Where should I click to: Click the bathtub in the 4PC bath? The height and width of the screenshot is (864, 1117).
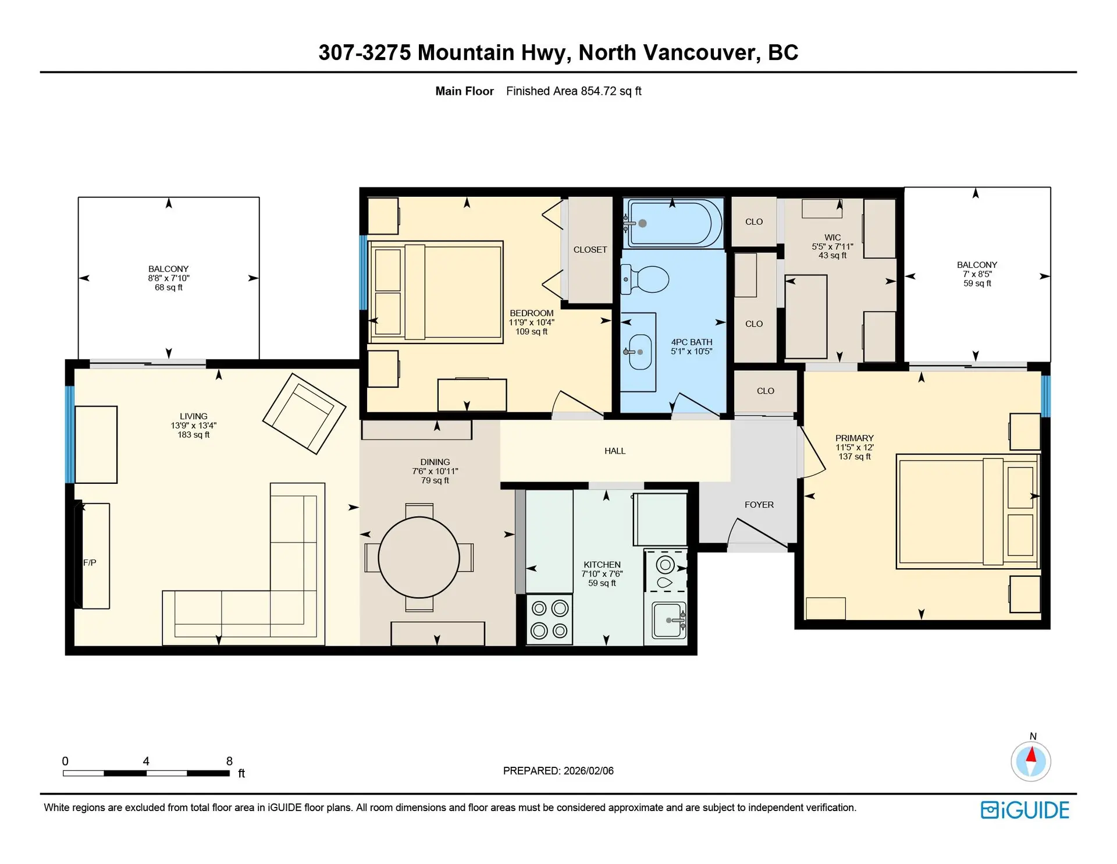(673, 224)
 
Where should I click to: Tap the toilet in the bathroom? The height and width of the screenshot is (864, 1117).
(646, 279)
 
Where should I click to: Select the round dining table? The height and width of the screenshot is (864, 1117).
(419, 557)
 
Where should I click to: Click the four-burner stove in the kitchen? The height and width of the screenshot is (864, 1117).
(549, 619)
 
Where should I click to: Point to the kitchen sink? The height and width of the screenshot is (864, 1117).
(668, 621)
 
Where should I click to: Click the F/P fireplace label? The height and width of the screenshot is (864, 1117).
(90, 562)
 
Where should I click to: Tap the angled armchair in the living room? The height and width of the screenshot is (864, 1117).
(304, 413)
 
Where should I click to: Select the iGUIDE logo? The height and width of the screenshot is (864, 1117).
(1025, 810)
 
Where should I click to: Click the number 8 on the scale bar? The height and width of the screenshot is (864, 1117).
(229, 761)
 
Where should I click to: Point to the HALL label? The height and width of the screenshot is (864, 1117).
(615, 451)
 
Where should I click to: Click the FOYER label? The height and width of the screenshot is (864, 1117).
(759, 505)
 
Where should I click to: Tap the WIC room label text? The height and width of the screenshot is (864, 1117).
(833, 238)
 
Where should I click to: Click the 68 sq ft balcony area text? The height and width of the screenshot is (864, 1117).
(169, 288)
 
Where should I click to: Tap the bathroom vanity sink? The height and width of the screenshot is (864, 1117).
(639, 352)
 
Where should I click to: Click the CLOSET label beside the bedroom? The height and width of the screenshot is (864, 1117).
(590, 250)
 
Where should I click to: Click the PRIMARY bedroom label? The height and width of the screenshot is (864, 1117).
(855, 438)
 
